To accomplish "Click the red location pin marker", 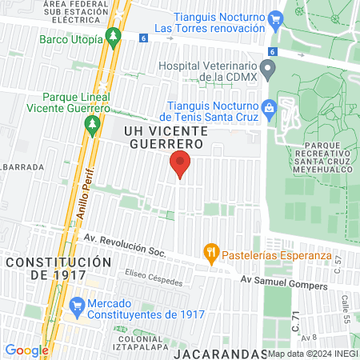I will pos(180,163).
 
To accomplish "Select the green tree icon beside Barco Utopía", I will pos(114,38).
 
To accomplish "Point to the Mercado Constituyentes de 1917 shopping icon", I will pos(78,305).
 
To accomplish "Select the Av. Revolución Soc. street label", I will pos(124,246).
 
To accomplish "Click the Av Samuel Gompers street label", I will pos(285,282).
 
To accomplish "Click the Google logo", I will pos(26,350).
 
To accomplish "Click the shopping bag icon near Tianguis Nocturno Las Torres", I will pos(276,19).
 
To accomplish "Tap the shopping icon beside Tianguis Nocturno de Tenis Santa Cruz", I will pos(268,106).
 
